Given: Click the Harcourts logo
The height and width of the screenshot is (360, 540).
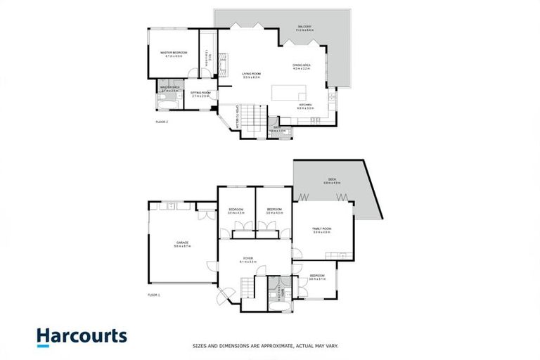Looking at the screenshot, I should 82,336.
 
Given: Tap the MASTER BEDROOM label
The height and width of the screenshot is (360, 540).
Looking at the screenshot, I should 173,53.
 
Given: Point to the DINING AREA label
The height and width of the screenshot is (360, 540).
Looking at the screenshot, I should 302,66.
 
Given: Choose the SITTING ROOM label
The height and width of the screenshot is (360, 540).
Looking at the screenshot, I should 201,94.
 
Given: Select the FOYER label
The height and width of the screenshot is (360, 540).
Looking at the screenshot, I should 248,259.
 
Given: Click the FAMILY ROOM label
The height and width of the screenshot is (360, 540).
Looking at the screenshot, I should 321,230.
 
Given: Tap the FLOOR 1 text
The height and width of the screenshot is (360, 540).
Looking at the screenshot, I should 154,294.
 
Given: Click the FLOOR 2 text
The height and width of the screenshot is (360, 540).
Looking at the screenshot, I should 162,122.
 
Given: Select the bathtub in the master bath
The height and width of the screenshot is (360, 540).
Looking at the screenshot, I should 165,105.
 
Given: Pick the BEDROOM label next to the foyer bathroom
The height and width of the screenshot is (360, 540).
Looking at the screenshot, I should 316,276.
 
